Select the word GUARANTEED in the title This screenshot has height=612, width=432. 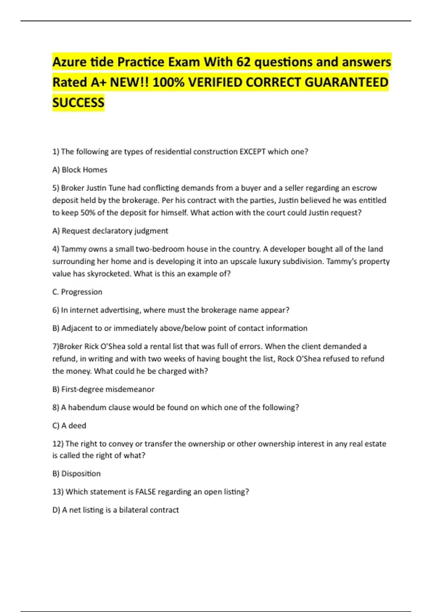pos(347,82)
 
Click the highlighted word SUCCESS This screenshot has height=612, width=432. pos(78,103)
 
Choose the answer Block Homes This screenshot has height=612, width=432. pos(85,170)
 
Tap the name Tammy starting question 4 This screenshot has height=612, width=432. pos(73,249)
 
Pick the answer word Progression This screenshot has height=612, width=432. pos(82,292)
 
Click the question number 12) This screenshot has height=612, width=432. pos(58,444)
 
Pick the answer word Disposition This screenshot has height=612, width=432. pos(81,473)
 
